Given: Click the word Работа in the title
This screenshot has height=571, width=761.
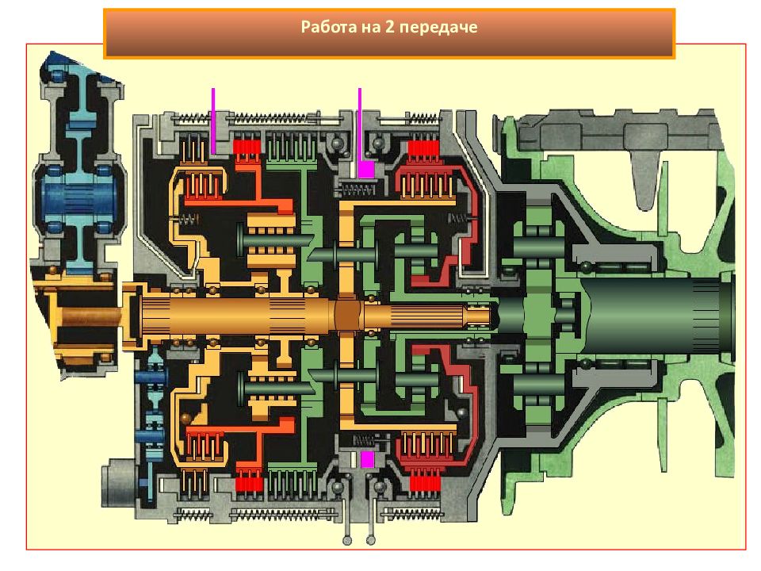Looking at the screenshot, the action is [328, 26].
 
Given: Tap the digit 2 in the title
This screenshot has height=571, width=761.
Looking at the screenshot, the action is [390, 26].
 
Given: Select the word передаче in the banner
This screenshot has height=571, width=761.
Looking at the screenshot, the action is [438, 27].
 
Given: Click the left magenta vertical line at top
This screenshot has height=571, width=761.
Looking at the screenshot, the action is [213, 121].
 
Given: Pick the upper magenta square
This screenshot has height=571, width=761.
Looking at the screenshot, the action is [366, 170].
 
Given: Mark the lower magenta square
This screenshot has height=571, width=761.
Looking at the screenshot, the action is [367, 460].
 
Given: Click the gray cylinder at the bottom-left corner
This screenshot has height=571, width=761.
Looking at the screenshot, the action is [119, 483].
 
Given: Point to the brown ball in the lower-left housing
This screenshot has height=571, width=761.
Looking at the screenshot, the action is [185, 419].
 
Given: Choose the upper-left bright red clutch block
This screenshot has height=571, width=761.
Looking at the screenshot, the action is [247, 147].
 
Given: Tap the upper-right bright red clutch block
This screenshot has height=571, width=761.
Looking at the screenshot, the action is [423, 148].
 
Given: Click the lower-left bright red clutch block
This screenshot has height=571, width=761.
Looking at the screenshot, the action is [249, 484].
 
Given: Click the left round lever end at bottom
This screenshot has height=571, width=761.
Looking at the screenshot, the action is [347, 540].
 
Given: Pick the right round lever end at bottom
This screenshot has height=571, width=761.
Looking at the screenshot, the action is [370, 540].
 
